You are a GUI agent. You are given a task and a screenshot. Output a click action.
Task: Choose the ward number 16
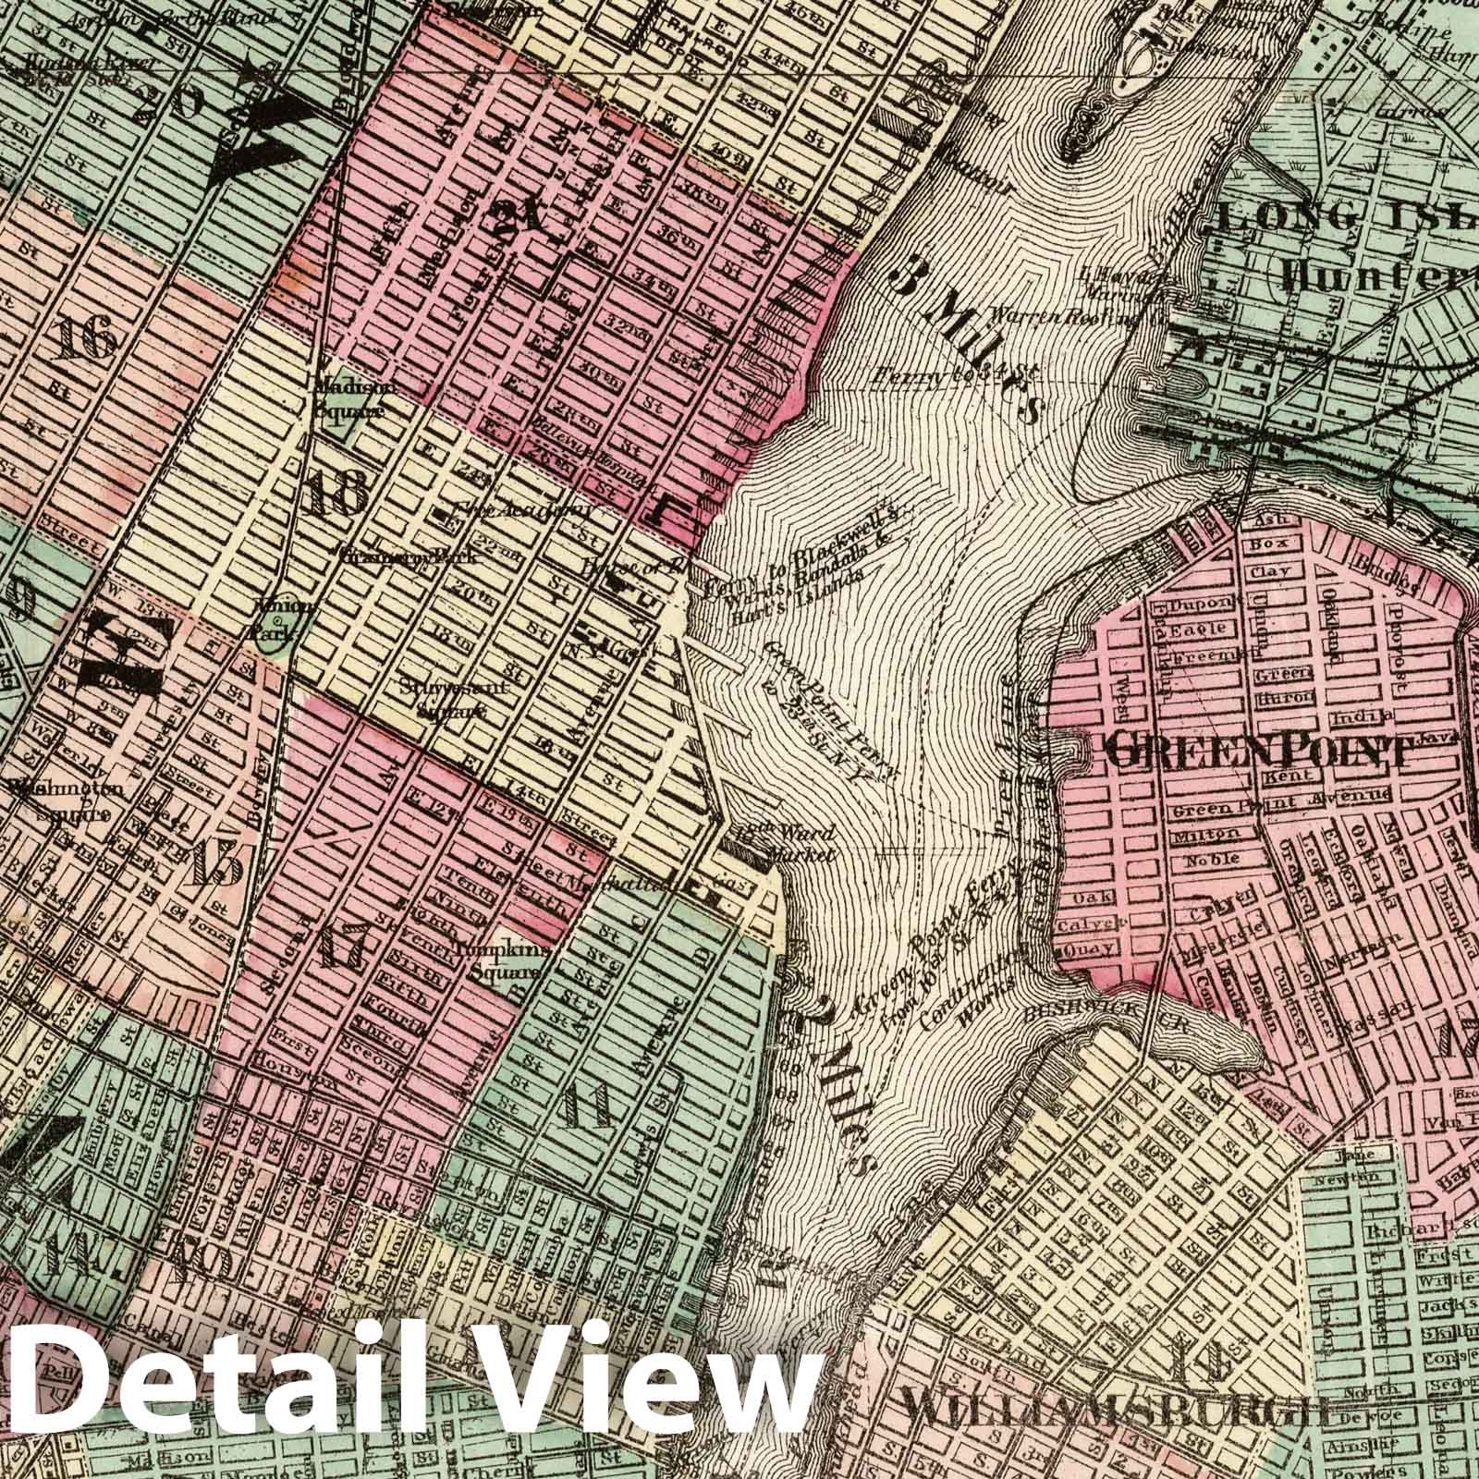pyautogui.click(x=86, y=341)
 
